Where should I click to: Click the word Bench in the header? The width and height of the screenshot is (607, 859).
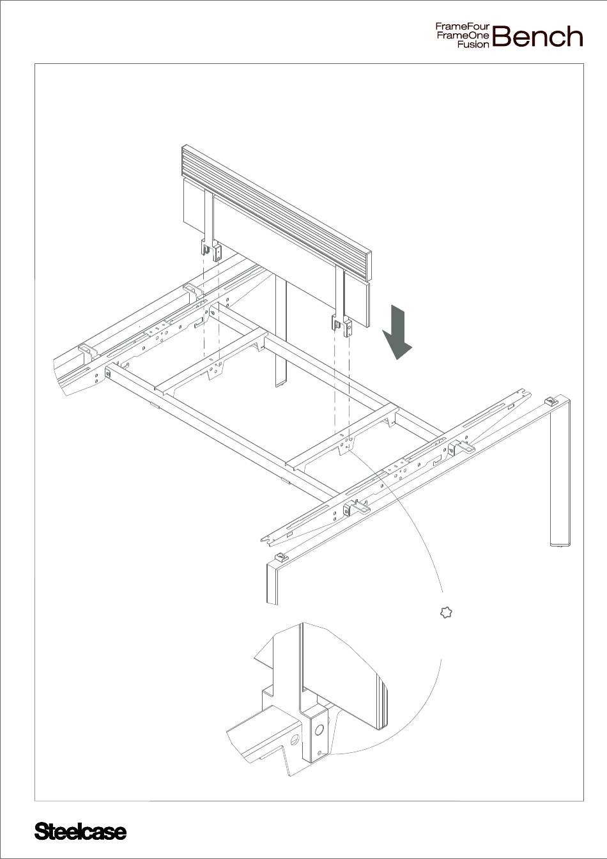tap(537, 36)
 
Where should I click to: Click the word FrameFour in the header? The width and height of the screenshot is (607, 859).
tap(463, 27)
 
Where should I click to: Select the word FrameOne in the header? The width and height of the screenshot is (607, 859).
tap(463, 36)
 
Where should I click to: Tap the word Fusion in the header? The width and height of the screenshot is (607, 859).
tap(473, 45)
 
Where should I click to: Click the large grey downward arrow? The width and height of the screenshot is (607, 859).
tap(397, 332)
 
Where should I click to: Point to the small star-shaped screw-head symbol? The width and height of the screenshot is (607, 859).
tap(445, 612)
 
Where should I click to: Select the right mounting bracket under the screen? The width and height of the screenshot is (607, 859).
tap(342, 325)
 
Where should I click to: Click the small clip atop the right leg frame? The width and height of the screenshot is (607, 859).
tap(551, 401)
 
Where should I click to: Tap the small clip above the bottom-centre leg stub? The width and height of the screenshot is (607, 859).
tap(282, 556)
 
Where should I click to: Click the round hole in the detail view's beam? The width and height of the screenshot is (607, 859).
tap(295, 740)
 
